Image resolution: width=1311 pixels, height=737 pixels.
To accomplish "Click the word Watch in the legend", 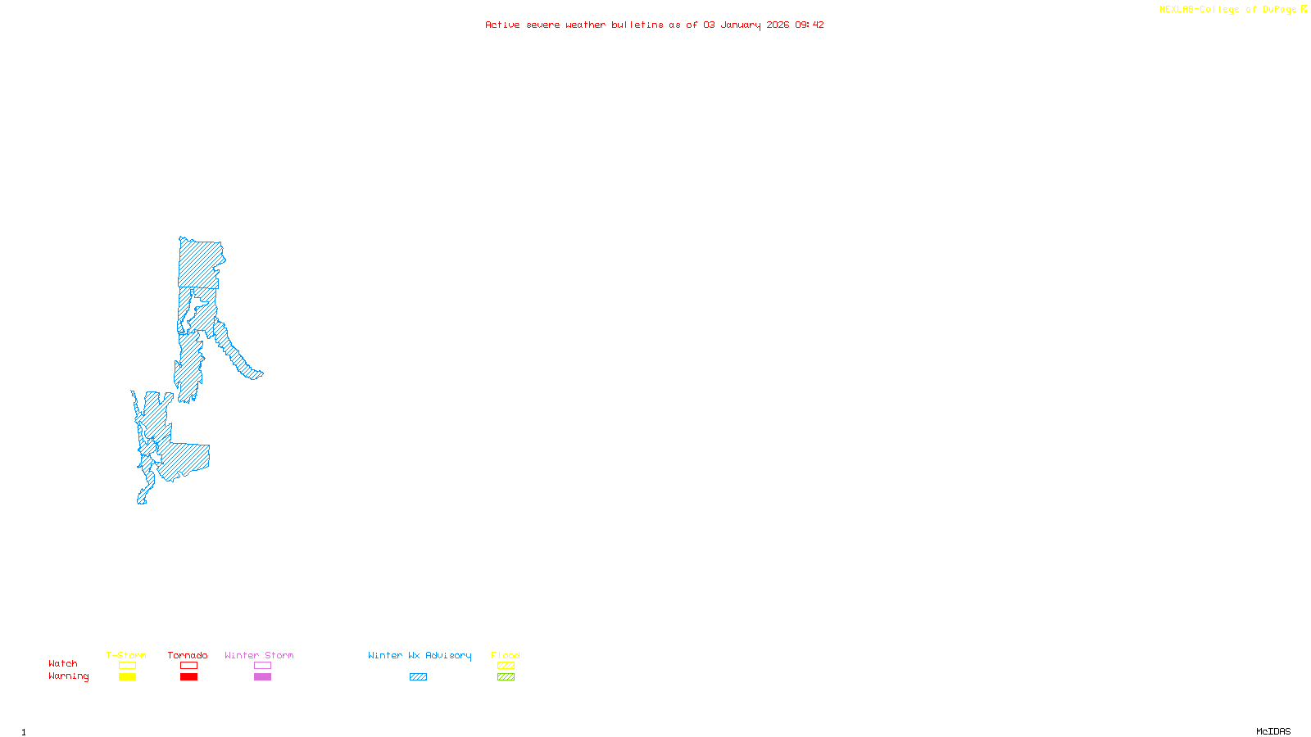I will (63, 664).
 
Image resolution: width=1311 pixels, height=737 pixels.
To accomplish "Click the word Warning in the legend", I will (68, 676).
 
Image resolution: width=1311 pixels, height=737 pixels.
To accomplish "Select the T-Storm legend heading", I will (126, 655).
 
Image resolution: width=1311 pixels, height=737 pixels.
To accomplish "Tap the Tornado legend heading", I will (188, 655).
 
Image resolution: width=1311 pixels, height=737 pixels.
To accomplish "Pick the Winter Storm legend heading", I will (259, 655).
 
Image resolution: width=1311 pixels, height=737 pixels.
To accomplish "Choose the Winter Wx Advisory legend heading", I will (420, 655).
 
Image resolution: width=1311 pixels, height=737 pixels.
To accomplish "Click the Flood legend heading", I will (506, 655).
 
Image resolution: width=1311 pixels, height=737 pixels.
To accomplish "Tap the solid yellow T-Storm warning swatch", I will (127, 677).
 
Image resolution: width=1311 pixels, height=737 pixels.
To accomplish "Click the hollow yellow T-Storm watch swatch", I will (127, 666).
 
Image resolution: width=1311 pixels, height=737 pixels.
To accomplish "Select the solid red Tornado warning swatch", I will (188, 677).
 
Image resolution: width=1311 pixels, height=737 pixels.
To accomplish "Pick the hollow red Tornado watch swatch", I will (188, 666).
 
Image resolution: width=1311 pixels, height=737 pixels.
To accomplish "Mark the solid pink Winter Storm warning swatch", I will (262, 677).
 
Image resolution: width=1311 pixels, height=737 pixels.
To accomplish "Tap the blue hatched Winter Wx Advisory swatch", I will (418, 677).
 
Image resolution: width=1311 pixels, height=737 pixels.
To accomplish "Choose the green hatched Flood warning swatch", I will (506, 677).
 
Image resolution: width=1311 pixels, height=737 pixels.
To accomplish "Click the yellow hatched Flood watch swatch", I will (506, 666).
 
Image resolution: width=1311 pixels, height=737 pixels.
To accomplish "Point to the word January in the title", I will (741, 25).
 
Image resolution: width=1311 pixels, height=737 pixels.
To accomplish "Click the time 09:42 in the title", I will (810, 25).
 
